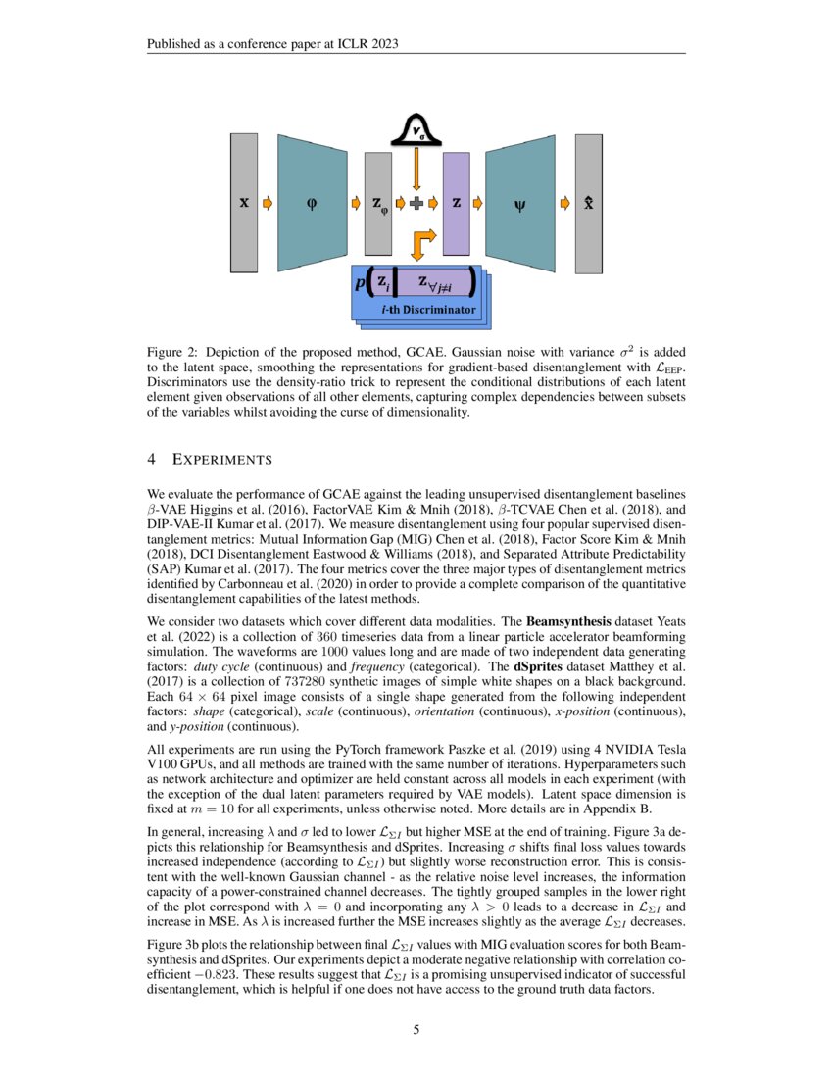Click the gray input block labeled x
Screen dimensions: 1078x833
click(243, 203)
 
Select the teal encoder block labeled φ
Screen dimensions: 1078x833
click(313, 203)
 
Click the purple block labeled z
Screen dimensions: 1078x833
click(457, 203)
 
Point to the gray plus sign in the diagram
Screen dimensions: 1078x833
click(416, 203)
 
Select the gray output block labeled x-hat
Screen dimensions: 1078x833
click(588, 203)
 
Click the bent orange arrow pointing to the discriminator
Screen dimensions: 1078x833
click(421, 242)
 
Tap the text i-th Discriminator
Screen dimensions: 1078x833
click(427, 310)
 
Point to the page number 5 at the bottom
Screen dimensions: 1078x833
click(416, 1029)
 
